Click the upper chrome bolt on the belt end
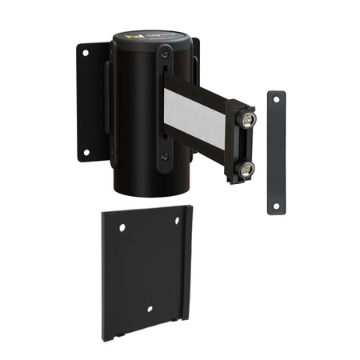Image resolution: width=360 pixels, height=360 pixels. (249, 119)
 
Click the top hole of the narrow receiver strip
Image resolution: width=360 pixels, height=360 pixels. (276, 99)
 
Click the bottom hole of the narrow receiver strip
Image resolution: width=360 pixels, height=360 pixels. (276, 206)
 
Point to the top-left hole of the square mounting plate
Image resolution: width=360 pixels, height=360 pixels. (122, 228)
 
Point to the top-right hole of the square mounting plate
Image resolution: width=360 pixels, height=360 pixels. (178, 220)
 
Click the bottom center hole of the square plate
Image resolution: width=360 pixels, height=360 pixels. (150, 308)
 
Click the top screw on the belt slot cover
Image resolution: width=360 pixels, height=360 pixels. (165, 53)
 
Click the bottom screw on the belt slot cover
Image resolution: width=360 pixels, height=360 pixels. (165, 158)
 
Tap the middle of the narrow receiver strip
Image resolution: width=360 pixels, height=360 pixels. (276, 152)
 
